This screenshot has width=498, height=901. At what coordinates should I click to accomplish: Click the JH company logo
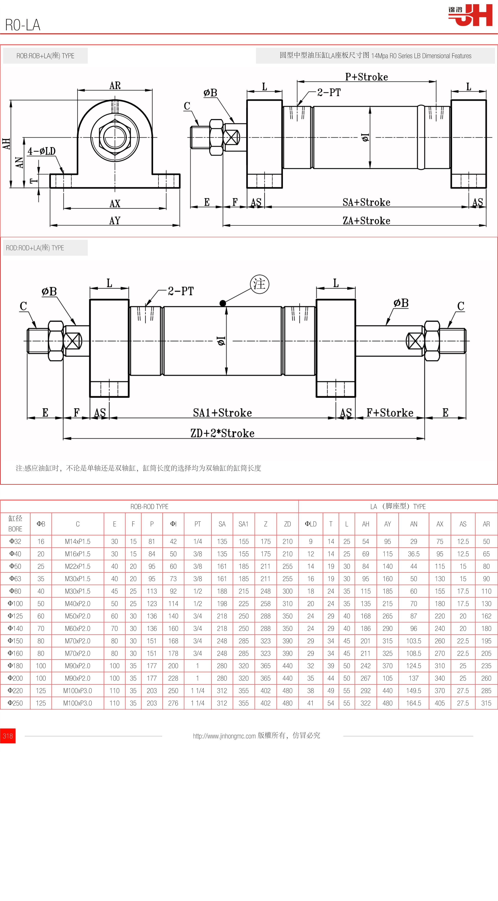click(471, 15)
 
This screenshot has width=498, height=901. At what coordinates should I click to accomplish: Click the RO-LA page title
click(23, 25)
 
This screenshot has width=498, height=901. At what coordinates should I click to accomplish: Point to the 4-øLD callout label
click(42, 151)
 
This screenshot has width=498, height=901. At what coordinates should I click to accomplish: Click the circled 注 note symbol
click(259, 284)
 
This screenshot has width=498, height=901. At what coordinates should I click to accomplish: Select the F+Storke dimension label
click(390, 413)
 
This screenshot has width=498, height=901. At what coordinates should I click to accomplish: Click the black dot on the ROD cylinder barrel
click(223, 303)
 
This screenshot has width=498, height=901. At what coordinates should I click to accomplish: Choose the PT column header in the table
click(197, 524)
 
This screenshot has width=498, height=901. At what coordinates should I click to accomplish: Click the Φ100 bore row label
click(15, 603)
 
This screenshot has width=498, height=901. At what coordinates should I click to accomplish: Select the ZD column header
click(287, 524)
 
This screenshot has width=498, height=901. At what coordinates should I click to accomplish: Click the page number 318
click(8, 736)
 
